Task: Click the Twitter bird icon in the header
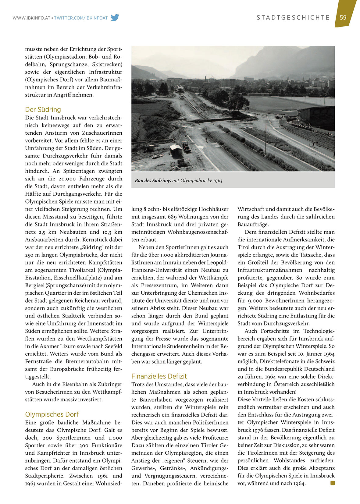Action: (115, 18)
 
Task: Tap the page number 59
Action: (343, 17)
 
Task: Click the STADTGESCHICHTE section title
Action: (293, 18)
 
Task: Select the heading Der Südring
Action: (43, 109)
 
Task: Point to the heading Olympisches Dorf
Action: (52, 414)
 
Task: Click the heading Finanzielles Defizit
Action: (159, 376)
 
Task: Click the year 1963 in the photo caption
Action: (218, 180)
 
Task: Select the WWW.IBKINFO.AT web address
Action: (31, 18)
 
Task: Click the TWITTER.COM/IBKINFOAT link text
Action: (81, 18)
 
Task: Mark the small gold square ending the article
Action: (333, 483)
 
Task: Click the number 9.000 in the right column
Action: (247, 300)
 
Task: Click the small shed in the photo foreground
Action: (176, 150)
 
